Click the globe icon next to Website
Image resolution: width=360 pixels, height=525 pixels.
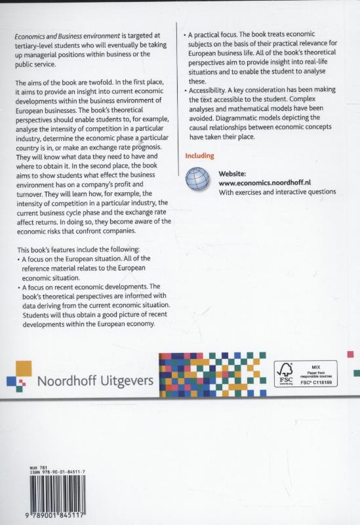[199, 180]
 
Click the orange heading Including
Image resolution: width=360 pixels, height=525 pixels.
[201, 156]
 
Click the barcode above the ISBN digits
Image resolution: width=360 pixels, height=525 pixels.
[53, 495]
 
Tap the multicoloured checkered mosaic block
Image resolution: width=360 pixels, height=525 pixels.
[213, 375]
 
